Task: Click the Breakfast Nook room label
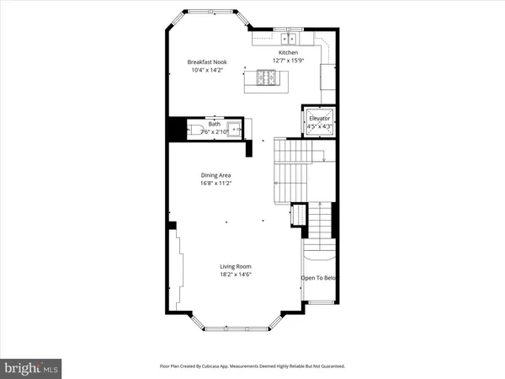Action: (x=209, y=61)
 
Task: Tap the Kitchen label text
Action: (x=289, y=52)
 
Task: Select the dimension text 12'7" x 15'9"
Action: (x=289, y=61)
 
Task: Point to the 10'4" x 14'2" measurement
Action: (x=209, y=70)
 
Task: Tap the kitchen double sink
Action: (x=288, y=38)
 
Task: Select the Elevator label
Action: (x=319, y=119)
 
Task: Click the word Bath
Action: (x=215, y=125)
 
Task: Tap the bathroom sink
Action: (x=236, y=130)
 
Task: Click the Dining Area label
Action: (x=216, y=175)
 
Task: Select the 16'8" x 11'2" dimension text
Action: (x=216, y=184)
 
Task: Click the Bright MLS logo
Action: (x=31, y=367)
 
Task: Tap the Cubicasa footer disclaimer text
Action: (x=252, y=366)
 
